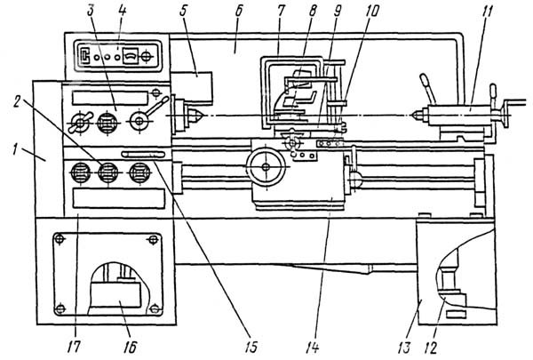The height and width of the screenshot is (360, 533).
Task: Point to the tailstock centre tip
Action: (x=413, y=114)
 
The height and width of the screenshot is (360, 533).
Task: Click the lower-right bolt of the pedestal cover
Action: (x=155, y=308)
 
